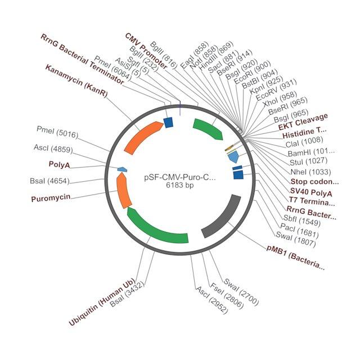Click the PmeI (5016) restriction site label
point(57,132)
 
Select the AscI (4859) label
point(53,148)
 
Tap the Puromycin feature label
point(51,198)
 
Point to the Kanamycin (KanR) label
point(76,80)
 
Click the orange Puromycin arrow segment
point(123,191)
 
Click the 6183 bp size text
point(180,185)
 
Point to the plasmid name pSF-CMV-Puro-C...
point(180,178)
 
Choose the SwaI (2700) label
point(241,291)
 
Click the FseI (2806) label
point(227,295)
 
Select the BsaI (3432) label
point(127,294)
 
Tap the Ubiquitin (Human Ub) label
point(102,302)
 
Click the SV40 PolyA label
point(311,192)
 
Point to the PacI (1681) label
point(300,231)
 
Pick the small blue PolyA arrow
point(122,169)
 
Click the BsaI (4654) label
point(49,181)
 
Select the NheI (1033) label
point(310,172)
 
